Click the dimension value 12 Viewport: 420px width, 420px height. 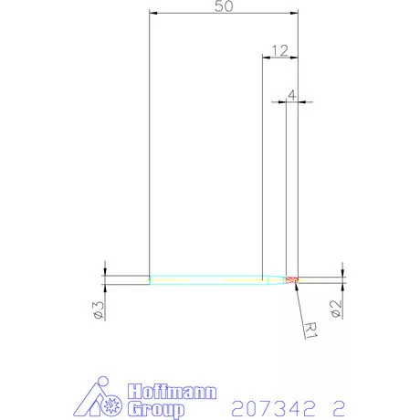click(279, 49)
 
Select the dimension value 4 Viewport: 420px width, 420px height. click(291, 93)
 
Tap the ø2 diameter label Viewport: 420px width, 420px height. click(337, 310)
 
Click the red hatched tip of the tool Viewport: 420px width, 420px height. click(291, 279)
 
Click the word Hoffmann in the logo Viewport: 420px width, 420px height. click(173, 392)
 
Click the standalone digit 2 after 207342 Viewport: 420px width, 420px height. click(340, 405)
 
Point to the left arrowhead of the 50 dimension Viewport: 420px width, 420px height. click(153, 14)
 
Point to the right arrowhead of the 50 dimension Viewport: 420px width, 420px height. click(294, 14)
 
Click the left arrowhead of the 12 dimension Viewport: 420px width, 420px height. click(266, 58)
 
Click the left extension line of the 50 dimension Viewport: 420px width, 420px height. click(150, 137)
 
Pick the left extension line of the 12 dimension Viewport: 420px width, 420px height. click(262, 164)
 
